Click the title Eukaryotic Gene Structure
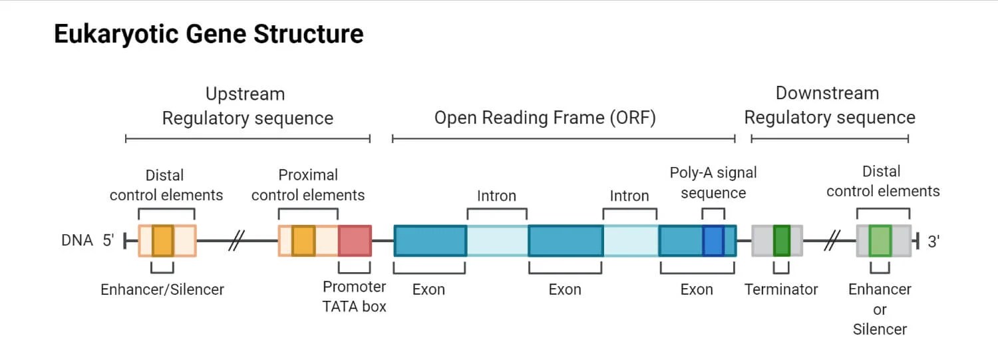(208, 34)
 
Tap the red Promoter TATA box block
(354, 241)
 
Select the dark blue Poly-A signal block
(713, 241)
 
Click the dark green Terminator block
(781, 241)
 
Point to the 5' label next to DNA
(108, 241)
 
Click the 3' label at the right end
(933, 242)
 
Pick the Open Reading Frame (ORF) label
(545, 118)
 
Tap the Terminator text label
(781, 289)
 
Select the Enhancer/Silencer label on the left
(162, 289)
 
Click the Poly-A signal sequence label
(713, 183)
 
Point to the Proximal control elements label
(308, 185)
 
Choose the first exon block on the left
(430, 241)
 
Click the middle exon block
(566, 241)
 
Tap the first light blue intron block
(497, 241)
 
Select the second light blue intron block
(631, 241)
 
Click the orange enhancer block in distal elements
(162, 241)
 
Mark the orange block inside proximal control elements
(303, 241)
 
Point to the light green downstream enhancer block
(880, 241)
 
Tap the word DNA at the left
(77, 241)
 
